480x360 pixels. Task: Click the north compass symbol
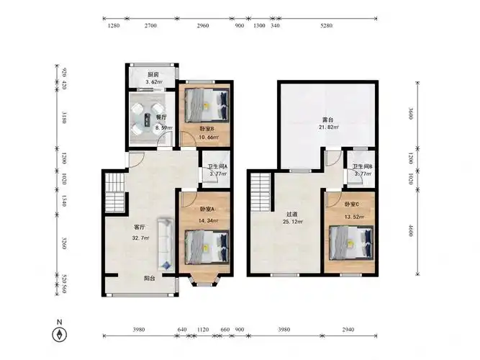(60, 334)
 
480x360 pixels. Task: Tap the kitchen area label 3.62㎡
(154, 82)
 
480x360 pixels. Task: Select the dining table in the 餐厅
(147, 120)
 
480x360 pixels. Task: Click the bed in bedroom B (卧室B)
(207, 105)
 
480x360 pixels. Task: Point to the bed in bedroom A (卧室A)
(207, 247)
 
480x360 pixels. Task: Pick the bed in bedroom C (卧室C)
(351, 243)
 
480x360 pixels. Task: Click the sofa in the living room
(166, 244)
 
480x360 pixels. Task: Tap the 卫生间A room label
(217, 166)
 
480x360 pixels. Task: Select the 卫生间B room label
(363, 166)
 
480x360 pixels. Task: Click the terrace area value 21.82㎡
(327, 127)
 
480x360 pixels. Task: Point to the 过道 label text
(291, 215)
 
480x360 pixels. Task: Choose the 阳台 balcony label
(150, 279)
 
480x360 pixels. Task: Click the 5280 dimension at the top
(326, 26)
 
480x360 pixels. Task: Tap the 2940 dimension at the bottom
(348, 330)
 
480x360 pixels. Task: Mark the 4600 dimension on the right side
(411, 230)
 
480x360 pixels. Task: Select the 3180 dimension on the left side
(64, 117)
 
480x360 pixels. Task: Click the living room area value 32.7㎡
(141, 238)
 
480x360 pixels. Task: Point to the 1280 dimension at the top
(114, 26)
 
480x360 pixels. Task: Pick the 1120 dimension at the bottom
(203, 330)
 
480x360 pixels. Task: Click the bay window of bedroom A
(204, 280)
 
